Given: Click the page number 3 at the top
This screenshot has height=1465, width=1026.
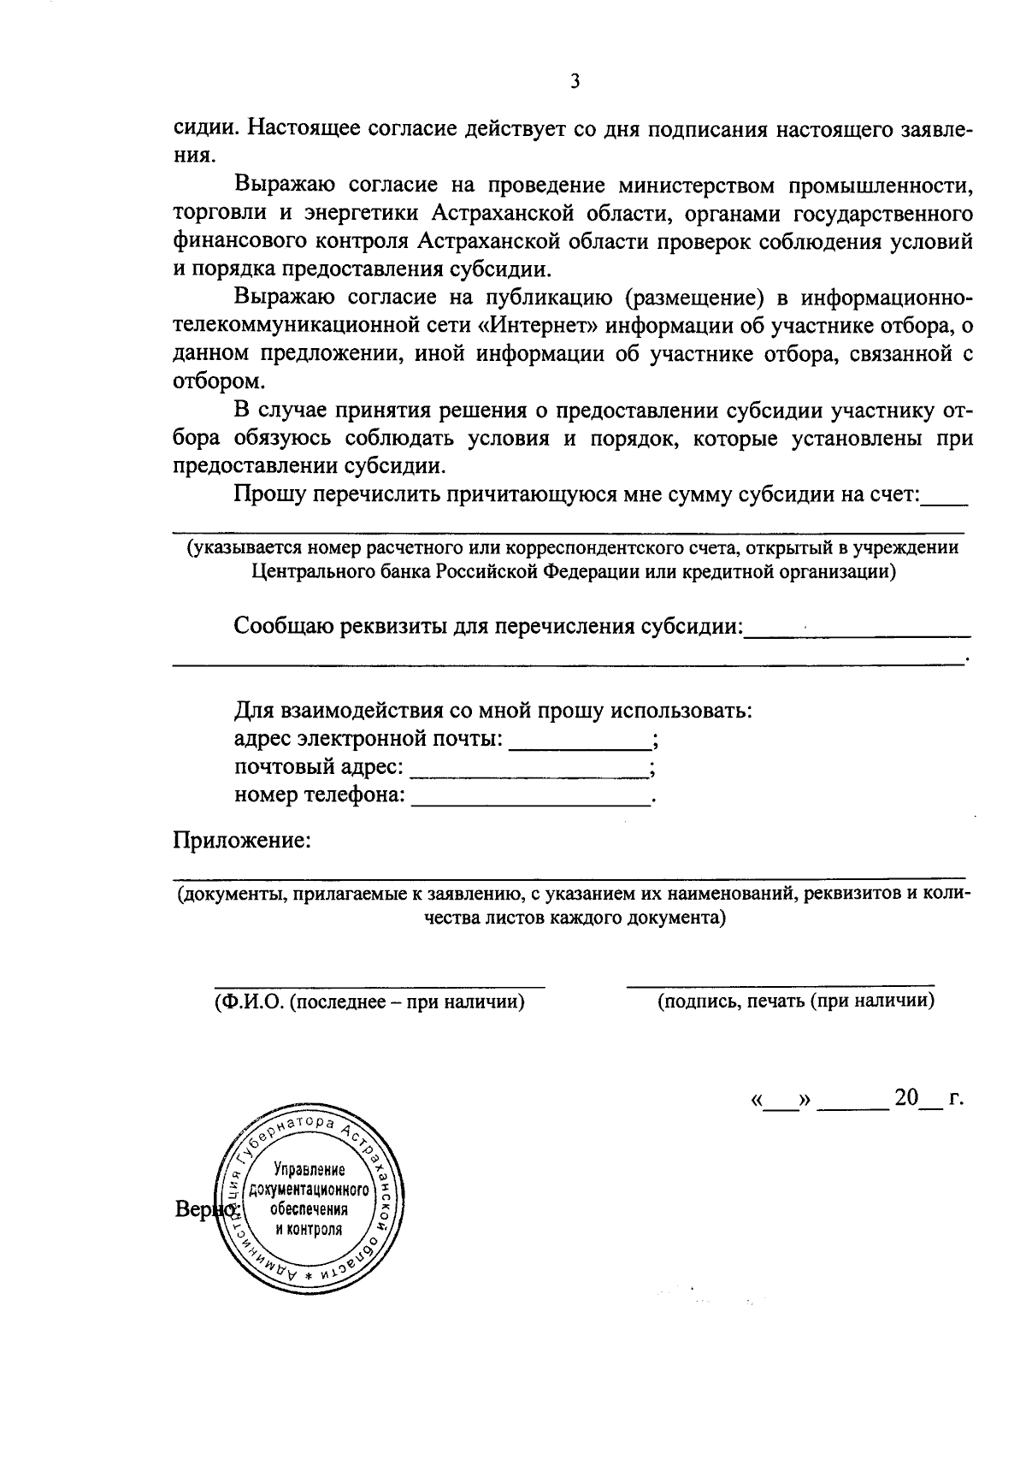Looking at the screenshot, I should (x=575, y=82).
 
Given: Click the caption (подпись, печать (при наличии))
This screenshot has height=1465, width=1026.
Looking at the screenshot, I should (x=795, y=1001).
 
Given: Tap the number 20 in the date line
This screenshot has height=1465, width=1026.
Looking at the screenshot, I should (x=905, y=1097).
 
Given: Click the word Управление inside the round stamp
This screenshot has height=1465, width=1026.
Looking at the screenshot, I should (x=309, y=1170).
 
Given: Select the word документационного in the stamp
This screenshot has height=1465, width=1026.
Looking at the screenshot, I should (x=308, y=1190).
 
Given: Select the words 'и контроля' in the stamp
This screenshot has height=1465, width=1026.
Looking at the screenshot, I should (x=308, y=1230).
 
